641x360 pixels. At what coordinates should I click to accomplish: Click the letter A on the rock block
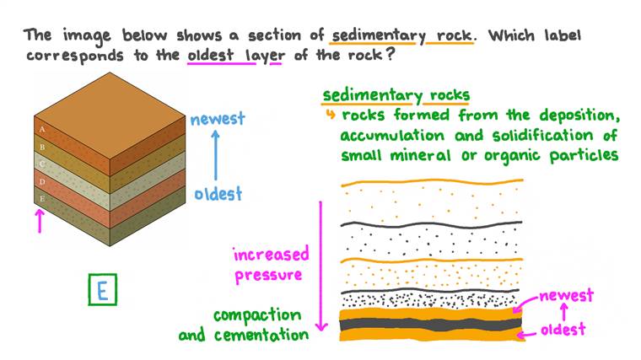pos(41,129)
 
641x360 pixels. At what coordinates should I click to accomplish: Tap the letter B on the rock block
pos(41,146)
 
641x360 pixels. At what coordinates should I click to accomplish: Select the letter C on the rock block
pos(41,163)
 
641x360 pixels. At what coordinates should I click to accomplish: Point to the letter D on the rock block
pos(41,180)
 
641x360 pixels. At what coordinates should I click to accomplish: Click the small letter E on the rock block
pos(41,197)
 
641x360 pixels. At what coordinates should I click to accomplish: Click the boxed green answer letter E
pos(101,291)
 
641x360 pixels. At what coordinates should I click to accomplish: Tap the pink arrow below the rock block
pos(37,222)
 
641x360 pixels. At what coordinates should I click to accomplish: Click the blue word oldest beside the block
pos(218,194)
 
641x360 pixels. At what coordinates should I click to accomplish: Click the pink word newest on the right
pos(565,295)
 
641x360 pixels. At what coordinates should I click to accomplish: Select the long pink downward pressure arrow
pos(321,266)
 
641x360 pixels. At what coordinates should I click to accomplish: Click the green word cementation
pos(263,335)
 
